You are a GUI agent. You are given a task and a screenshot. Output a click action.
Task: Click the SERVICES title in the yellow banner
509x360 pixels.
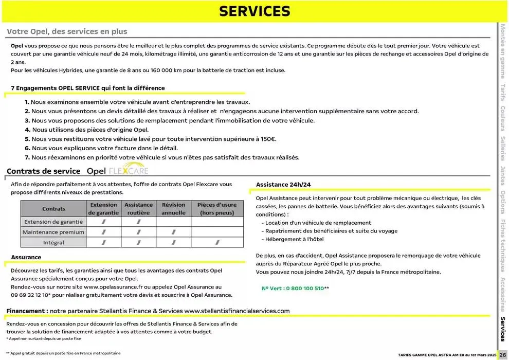[x=254, y=11]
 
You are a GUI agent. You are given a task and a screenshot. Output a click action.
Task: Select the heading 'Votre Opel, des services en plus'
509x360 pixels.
[x=67, y=31]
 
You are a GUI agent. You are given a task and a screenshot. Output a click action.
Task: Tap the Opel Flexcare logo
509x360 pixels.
[x=118, y=171]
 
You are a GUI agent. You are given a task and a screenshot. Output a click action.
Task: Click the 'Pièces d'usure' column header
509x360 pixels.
[x=217, y=208]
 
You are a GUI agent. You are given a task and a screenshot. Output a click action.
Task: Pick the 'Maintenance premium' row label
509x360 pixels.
[x=53, y=232]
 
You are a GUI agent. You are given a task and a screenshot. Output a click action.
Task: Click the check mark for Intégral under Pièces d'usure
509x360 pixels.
[x=217, y=242]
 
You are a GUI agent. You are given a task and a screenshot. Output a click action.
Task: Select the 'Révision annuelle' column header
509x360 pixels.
[x=173, y=208]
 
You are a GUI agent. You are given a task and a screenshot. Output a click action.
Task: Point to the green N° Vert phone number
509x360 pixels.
[x=295, y=289]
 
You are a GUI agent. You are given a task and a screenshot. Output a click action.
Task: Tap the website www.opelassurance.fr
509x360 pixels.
[x=113, y=287]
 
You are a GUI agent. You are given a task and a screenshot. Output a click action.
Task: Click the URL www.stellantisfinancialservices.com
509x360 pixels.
[x=237, y=311]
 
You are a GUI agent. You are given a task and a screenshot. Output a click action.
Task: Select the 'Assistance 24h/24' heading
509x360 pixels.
[x=283, y=184]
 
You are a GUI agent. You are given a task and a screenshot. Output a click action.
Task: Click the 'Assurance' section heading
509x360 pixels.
[x=26, y=257]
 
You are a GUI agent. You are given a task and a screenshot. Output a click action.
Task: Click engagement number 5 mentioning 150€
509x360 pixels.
[x=153, y=139]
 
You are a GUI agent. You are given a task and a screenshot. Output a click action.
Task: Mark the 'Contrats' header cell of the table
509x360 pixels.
[x=53, y=209]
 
